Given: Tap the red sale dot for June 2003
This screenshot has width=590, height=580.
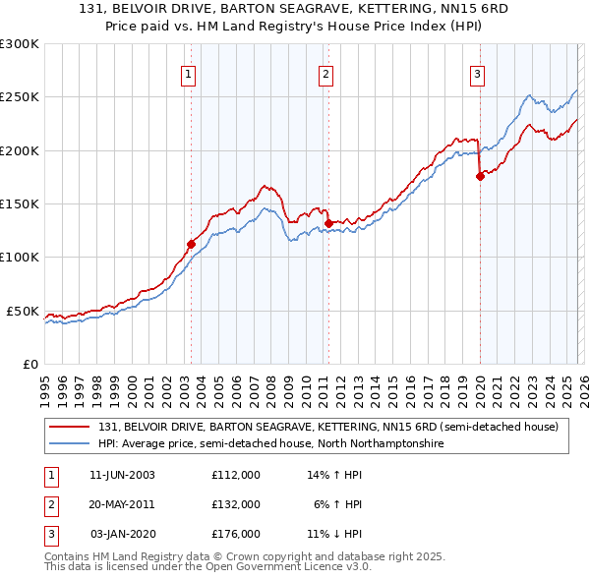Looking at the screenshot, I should click(191, 244).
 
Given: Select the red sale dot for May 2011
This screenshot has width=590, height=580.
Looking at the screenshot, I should click(328, 223).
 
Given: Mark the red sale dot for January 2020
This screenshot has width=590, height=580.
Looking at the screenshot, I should click(480, 177).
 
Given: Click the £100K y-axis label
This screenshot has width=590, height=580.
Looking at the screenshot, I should click(20, 258).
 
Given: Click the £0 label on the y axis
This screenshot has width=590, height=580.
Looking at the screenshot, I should click(29, 364).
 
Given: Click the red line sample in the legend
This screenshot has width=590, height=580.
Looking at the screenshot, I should click(69, 427).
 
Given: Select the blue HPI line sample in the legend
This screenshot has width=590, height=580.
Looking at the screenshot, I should click(69, 443).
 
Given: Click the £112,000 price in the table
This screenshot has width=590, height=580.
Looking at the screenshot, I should click(235, 474).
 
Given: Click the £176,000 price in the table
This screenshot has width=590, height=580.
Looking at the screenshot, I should click(235, 534).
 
